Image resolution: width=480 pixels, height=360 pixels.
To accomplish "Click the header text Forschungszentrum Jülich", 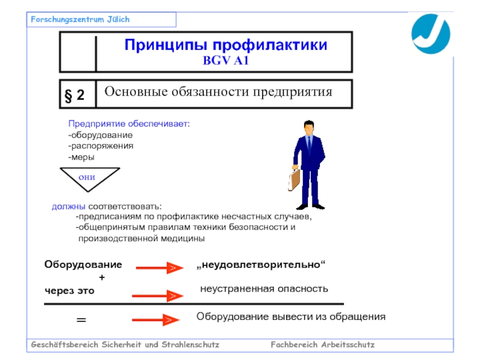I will click(x=80, y=20).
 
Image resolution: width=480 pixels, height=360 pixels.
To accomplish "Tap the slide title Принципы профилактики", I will click(x=226, y=45).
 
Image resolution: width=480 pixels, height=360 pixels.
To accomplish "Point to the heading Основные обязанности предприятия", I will click(x=218, y=92).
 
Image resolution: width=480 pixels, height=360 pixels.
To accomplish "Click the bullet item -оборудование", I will click(x=100, y=135).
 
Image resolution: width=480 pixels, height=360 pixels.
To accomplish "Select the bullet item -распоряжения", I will click(x=101, y=146).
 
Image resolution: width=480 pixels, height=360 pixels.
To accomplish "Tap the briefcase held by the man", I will click(x=294, y=179).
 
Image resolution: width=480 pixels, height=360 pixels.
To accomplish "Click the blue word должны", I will click(x=64, y=207).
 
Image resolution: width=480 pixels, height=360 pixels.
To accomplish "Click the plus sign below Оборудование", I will click(x=101, y=277).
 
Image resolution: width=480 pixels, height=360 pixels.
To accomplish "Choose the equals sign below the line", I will click(x=81, y=321).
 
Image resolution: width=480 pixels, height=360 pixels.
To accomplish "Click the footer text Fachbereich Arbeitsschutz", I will click(x=322, y=345).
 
